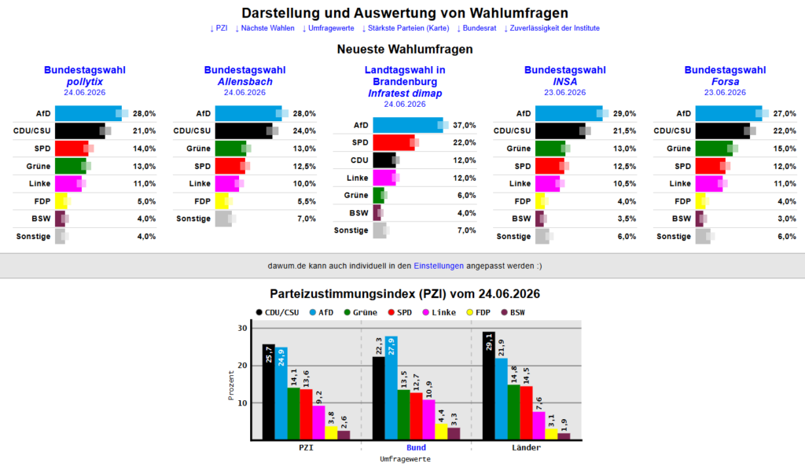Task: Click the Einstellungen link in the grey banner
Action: (439, 266)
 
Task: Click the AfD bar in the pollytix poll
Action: (88, 113)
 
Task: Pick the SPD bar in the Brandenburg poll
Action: (394, 142)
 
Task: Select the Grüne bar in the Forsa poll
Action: (714, 149)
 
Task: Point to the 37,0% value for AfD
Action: (464, 125)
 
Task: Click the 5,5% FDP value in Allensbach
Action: (307, 201)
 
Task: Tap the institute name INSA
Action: (564, 82)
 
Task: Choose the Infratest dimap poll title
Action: (405, 94)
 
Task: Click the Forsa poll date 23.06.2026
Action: (725, 92)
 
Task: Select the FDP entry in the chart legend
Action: (478, 312)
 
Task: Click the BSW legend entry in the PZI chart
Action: (513, 312)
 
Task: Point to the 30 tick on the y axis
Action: (242, 328)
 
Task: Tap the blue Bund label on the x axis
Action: (417, 447)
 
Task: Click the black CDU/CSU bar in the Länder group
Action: (488, 386)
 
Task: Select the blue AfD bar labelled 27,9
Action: (391, 388)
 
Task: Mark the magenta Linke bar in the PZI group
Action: (318, 422)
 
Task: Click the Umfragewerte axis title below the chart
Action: (405, 459)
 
